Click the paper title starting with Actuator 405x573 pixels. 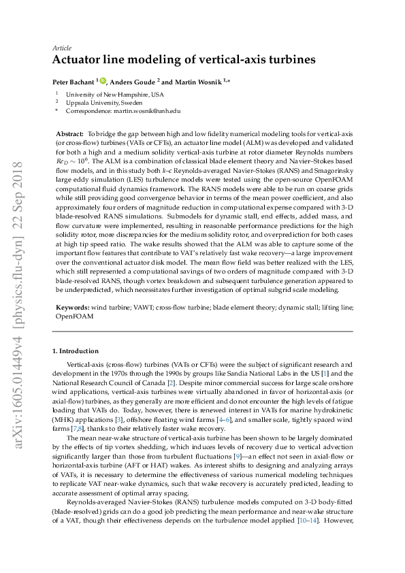click(184, 60)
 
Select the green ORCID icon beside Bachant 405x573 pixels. click(105, 80)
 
